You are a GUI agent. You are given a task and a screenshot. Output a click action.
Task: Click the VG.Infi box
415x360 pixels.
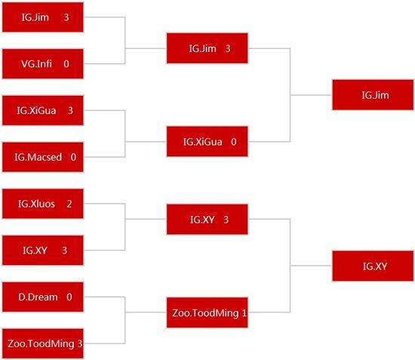pos(43,64)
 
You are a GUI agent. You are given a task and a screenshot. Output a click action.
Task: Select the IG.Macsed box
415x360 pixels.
pos(43,157)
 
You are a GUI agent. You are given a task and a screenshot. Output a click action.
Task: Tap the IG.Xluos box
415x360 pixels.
pos(43,204)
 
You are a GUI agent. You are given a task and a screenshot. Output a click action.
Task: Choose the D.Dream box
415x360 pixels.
pos(43,297)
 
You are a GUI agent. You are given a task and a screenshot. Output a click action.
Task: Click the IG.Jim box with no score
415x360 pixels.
pos(373,95)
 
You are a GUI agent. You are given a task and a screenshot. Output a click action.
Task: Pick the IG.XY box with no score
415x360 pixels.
pos(373,266)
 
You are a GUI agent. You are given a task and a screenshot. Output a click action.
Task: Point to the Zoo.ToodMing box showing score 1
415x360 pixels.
pos(207,312)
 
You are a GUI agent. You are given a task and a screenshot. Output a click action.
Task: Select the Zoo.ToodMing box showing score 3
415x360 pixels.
pos(43,343)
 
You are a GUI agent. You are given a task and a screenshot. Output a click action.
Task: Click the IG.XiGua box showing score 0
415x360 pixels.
pos(207,141)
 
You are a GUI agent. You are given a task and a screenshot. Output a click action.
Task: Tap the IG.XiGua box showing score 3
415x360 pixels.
pos(43,110)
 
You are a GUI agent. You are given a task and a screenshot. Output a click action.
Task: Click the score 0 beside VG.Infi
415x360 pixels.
pos(66,64)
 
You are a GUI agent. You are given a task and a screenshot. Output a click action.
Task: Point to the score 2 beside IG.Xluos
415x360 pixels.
pos(69,204)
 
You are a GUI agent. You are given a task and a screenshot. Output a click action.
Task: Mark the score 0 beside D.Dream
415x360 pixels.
pos(69,297)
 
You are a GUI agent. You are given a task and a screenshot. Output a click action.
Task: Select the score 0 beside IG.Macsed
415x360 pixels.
pos(73,157)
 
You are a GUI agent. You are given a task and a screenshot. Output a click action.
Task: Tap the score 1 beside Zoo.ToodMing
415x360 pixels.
pos(244,313)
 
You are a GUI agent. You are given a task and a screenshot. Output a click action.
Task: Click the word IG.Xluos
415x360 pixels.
pos(36,204)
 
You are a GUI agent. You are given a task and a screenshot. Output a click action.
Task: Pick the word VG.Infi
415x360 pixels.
pos(36,64)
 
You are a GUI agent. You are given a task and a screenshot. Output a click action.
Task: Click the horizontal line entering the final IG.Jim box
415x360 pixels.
pos(311,95)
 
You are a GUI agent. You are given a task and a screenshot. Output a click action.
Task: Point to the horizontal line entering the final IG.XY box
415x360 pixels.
pos(311,266)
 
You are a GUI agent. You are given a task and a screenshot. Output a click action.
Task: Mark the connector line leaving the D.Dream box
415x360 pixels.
pos(104,297)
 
